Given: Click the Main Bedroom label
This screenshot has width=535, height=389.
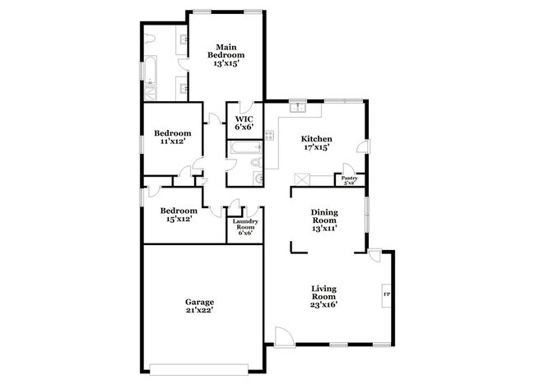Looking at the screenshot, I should [226, 55].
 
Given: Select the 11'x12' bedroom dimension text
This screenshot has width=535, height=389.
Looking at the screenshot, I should [174, 141].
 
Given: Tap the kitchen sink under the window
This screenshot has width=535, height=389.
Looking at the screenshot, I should [297, 108].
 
